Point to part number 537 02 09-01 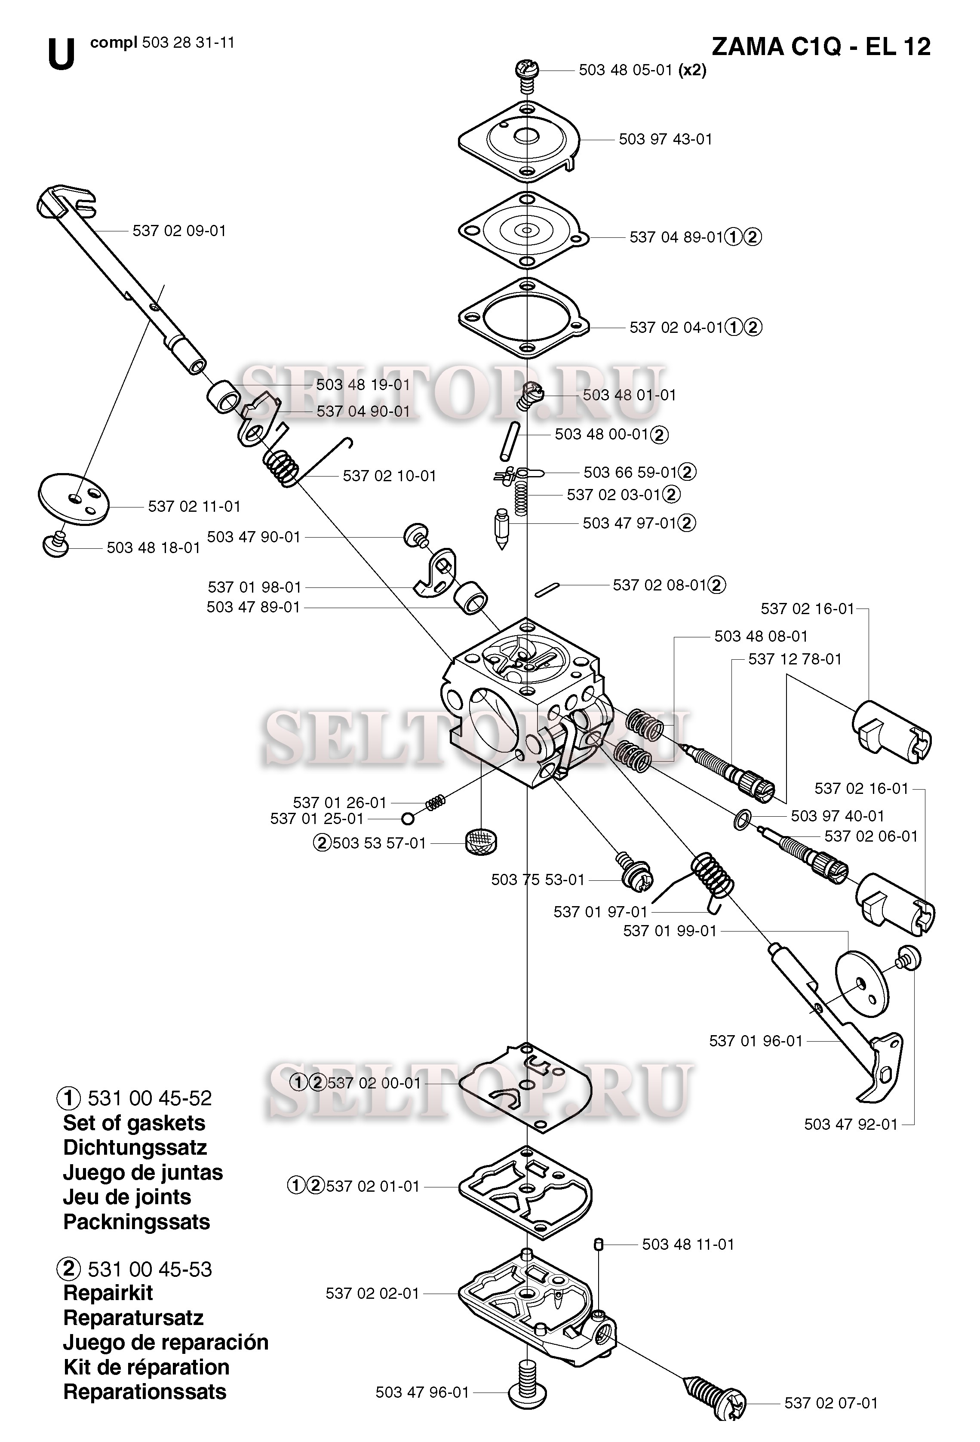tap(179, 231)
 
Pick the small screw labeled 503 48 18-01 tap(56, 544)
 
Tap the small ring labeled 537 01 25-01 tap(408, 818)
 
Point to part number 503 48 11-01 tap(688, 1244)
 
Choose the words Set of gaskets tap(134, 1123)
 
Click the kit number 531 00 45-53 tap(150, 1270)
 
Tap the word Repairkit tap(108, 1293)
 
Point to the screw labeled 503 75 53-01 tap(633, 869)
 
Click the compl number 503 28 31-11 tap(188, 43)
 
